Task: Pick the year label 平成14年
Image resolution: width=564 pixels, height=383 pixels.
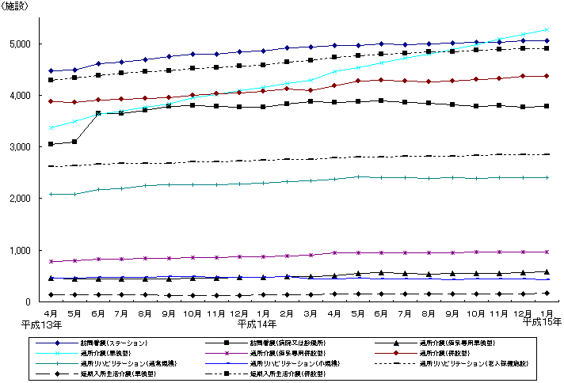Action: [255, 324]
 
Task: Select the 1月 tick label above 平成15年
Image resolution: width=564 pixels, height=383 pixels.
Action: [547, 314]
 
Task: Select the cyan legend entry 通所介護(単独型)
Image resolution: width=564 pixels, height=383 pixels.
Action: [97, 353]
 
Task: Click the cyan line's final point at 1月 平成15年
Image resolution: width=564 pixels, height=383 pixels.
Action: [547, 29]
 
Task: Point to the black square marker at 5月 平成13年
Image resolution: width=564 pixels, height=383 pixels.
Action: [74, 142]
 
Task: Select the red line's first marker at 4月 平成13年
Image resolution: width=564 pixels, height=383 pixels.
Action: [51, 101]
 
